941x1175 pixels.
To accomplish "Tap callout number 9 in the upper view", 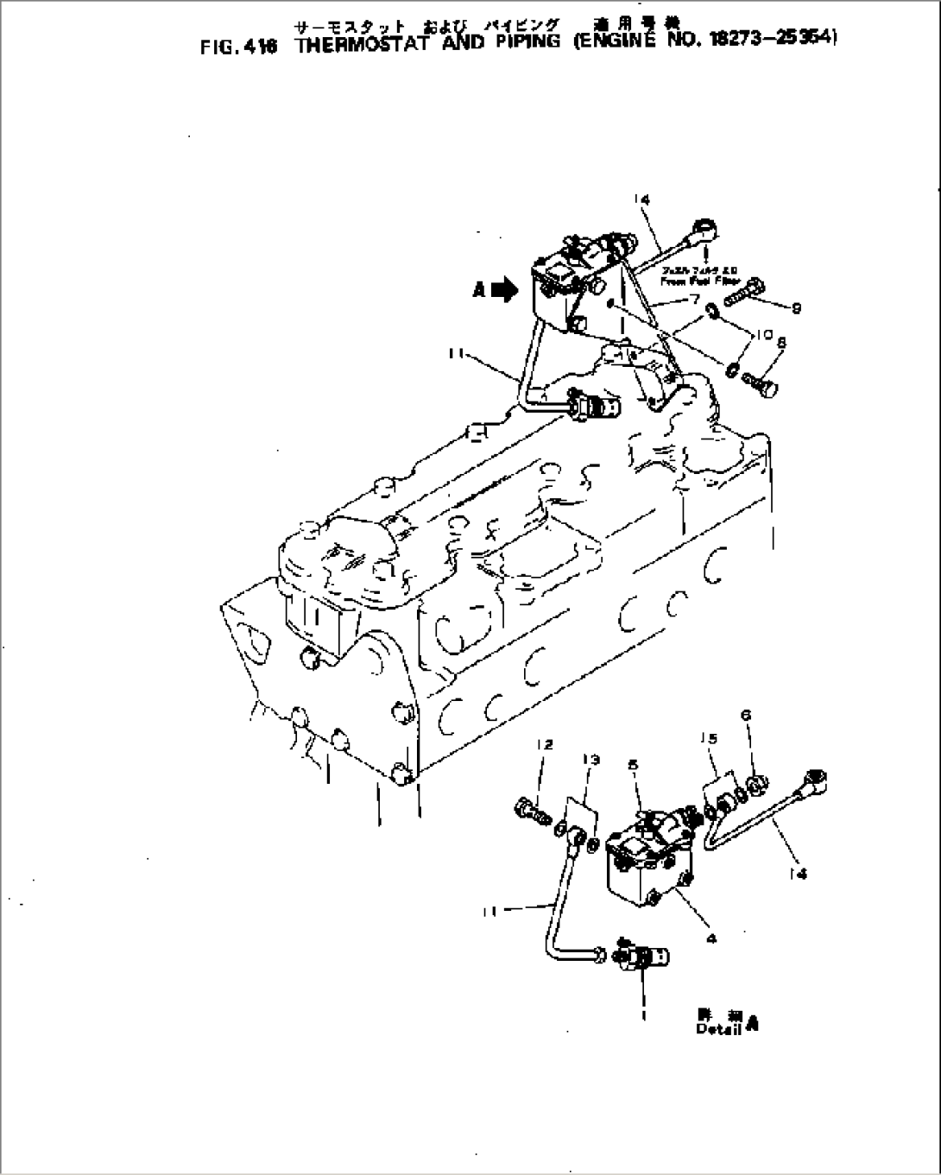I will [x=796, y=308].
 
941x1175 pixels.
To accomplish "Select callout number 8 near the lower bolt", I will [x=780, y=343].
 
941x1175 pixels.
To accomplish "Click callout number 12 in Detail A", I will [x=544, y=744].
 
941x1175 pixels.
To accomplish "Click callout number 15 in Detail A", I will [x=709, y=738].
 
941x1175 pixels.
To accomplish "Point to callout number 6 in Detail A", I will [x=746, y=715].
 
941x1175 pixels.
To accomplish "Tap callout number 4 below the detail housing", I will [x=710, y=940].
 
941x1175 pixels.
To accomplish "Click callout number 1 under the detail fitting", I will [x=644, y=1015].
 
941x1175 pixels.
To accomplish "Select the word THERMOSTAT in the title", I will [x=356, y=45].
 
